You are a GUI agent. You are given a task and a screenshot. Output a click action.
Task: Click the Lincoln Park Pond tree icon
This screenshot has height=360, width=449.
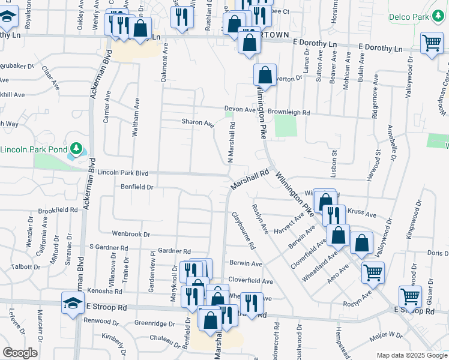tap(76, 148)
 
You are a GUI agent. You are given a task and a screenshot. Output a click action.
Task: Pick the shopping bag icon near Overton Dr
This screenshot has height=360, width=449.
tap(265, 76)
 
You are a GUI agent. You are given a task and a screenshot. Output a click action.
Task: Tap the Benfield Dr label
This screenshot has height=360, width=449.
tap(137, 187)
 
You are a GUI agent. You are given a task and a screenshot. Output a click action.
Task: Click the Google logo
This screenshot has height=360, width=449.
tap(20, 353)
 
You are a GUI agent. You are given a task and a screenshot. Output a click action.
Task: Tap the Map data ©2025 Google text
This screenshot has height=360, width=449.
tap(411, 355)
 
